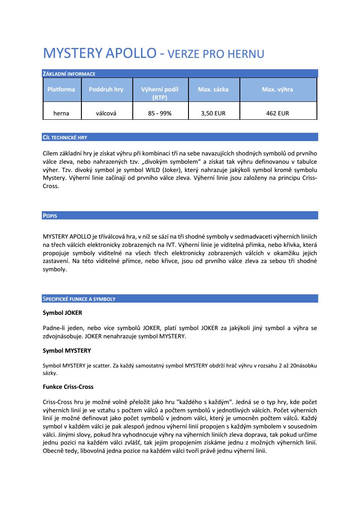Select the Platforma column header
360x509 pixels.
(x=61, y=89)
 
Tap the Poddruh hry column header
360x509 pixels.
(x=106, y=89)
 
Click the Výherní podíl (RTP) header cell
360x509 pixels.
(x=160, y=93)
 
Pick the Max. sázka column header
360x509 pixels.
(x=213, y=89)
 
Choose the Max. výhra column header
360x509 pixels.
(x=277, y=89)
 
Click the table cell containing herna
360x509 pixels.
(x=61, y=113)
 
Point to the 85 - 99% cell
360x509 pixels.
(x=160, y=113)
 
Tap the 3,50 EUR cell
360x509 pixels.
(x=213, y=113)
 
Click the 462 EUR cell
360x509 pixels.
(x=277, y=113)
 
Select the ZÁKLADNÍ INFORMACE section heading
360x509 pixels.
(x=69, y=74)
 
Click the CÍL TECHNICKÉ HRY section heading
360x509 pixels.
(x=65, y=137)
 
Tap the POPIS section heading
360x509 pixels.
(x=50, y=216)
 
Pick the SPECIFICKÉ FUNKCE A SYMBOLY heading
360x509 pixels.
(x=79, y=299)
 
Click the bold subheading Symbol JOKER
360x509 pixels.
(x=62, y=313)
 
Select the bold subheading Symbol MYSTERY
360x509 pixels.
(x=67, y=351)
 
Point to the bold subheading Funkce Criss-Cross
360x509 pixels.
(x=68, y=387)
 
